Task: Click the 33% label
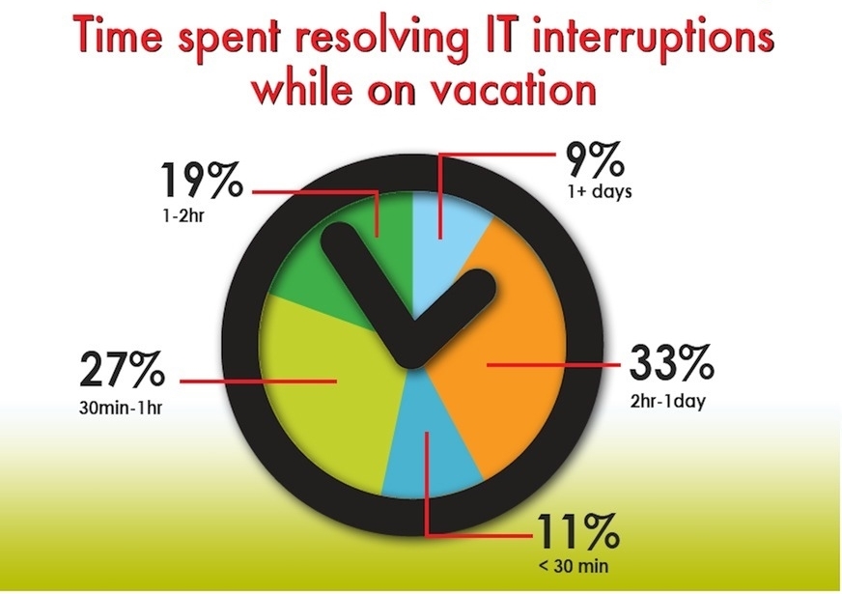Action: [671, 362]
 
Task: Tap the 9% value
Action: [596, 160]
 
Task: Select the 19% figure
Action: [202, 180]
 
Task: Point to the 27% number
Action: [123, 369]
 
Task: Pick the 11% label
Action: [577, 531]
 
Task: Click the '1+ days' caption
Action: [600, 191]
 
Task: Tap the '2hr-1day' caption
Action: [668, 401]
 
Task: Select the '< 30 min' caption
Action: [574, 566]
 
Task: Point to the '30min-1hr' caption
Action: [121, 409]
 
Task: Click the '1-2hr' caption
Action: [182, 217]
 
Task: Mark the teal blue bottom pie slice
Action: [430, 457]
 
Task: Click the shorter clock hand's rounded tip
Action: [481, 284]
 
